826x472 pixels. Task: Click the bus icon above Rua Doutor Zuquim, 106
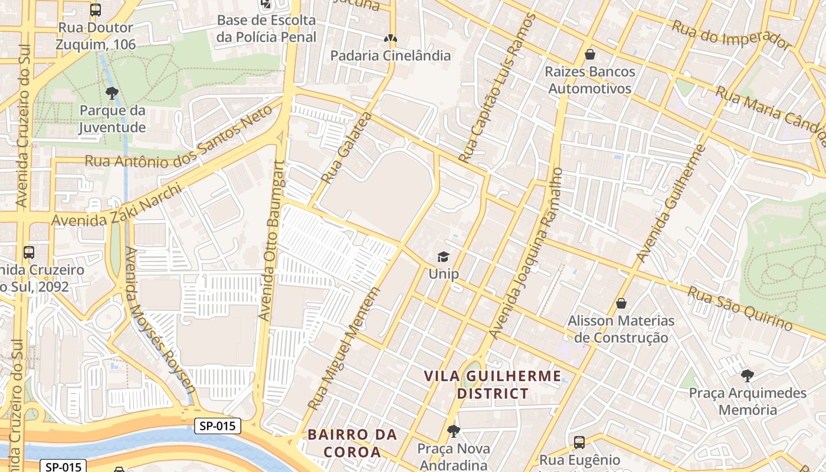tap(96, 10)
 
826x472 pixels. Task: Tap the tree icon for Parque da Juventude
tap(112, 93)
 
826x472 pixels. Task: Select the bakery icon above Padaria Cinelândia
tap(390, 38)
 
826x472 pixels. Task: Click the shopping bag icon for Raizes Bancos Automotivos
tap(589, 55)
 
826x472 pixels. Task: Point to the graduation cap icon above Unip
tap(443, 257)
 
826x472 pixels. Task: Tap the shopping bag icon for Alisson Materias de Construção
tap(621, 303)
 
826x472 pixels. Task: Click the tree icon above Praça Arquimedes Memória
tap(747, 375)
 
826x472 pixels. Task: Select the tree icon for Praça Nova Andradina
tap(453, 431)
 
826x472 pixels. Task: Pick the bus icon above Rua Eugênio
tap(579, 442)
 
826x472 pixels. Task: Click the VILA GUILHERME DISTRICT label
tap(493, 385)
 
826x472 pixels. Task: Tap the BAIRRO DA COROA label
tap(352, 443)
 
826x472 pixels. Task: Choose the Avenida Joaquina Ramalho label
tap(526, 254)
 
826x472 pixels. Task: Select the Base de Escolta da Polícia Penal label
tap(267, 28)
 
